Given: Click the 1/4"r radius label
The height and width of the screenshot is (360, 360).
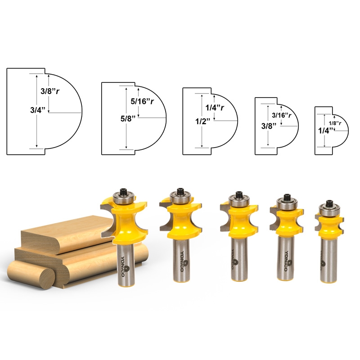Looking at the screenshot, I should [216, 108].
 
